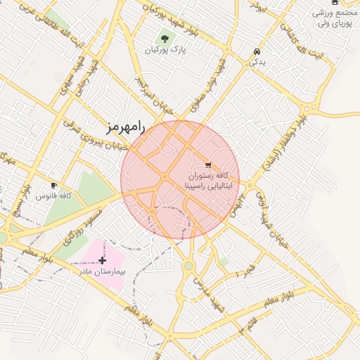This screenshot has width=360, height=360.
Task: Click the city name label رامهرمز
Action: tap(124, 127)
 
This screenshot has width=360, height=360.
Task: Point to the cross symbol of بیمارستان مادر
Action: tap(103, 260)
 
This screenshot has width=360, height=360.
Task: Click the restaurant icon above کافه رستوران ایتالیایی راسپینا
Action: tap(207, 164)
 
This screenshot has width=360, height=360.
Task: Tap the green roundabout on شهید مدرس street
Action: tap(189, 266)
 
